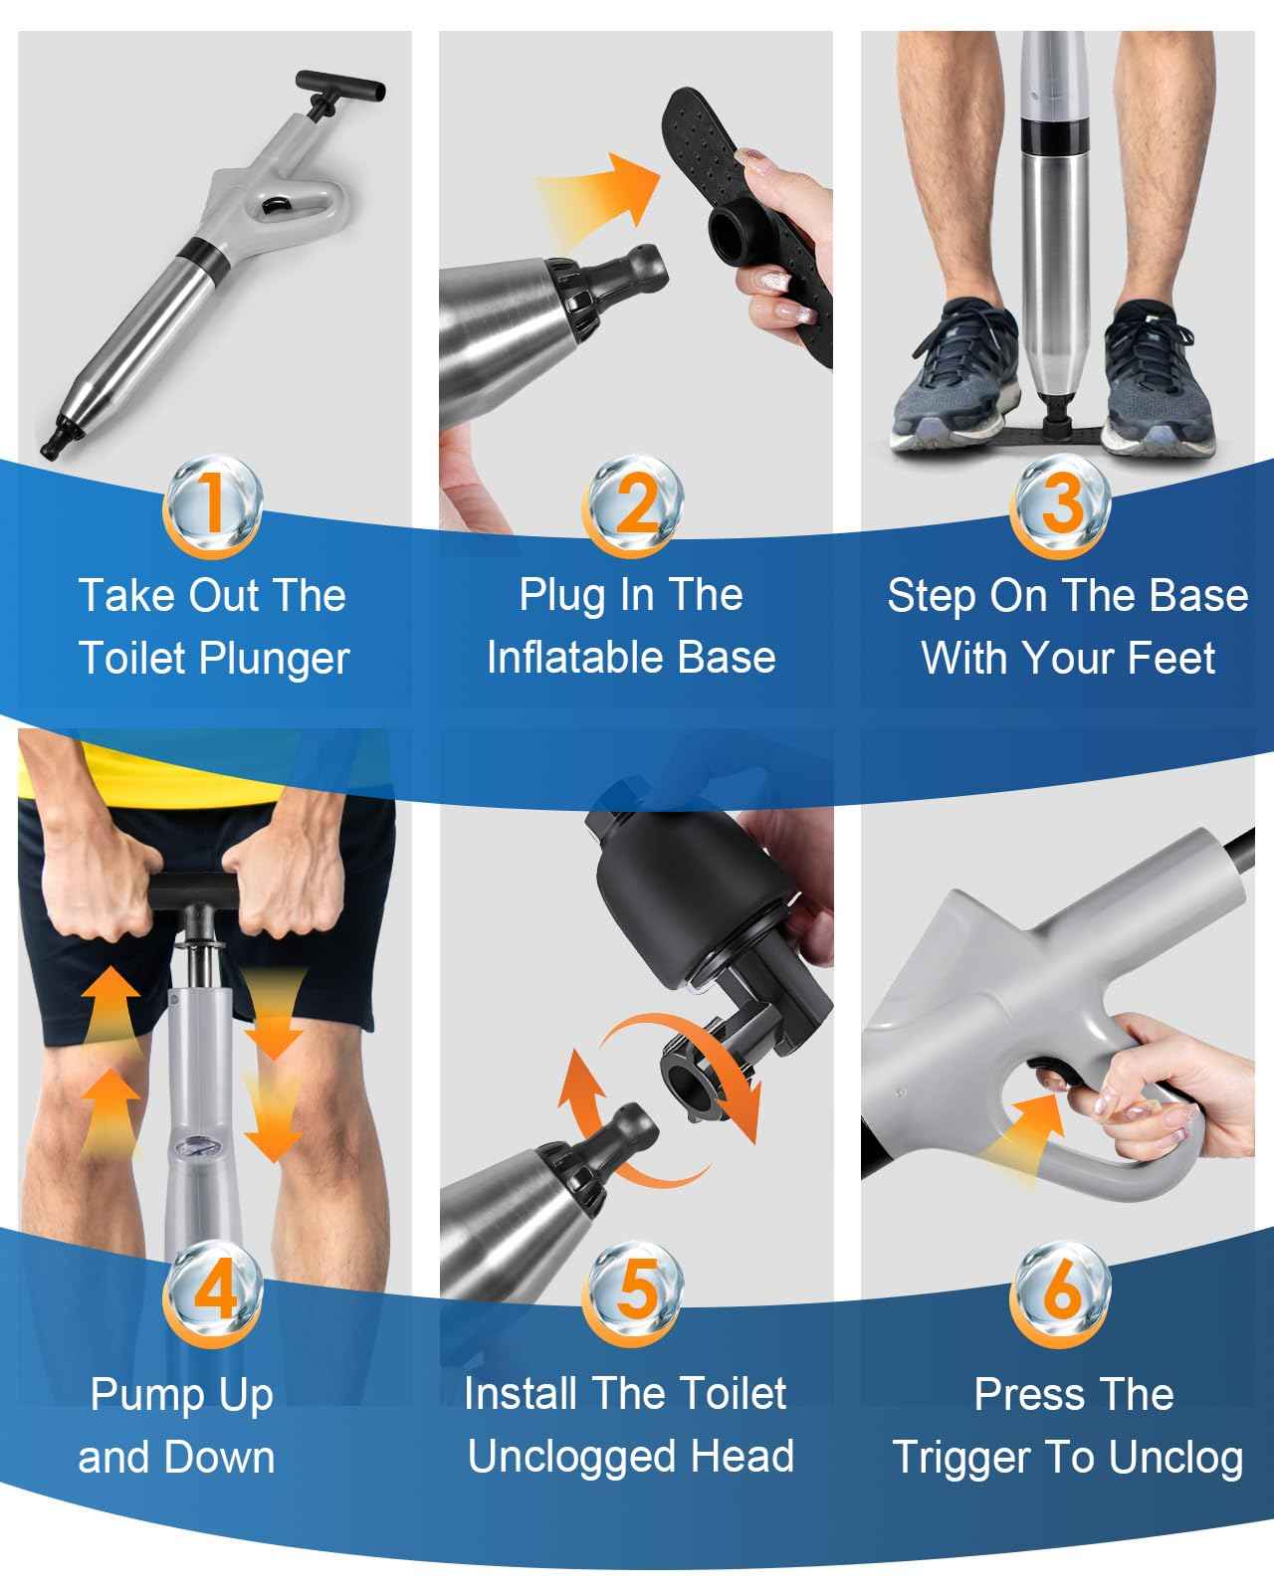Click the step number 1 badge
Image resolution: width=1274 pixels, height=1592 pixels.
pyautogui.click(x=212, y=506)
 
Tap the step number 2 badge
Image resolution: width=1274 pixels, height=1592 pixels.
pyautogui.click(x=633, y=506)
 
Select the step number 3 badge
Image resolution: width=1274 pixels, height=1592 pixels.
pyautogui.click(x=1060, y=506)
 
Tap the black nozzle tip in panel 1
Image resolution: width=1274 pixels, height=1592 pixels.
pyautogui.click(x=59, y=440)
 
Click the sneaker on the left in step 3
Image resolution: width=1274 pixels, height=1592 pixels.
pyautogui.click(x=955, y=373)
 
